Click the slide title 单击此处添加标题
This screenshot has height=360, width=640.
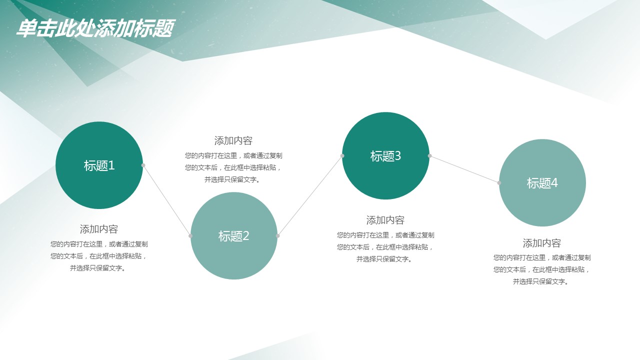click(x=95, y=28)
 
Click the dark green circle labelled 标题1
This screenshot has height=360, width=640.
click(x=99, y=165)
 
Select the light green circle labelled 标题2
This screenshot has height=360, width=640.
click(x=234, y=235)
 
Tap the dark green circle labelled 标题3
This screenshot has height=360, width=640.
click(x=385, y=155)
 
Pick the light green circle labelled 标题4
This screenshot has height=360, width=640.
click(x=542, y=183)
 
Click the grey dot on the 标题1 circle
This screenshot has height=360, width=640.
click(x=143, y=165)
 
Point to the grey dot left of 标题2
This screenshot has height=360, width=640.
click(x=190, y=235)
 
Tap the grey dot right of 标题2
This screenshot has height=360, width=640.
click(x=277, y=235)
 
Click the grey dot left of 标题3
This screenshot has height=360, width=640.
click(x=342, y=155)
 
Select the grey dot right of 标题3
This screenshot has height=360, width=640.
click(x=429, y=155)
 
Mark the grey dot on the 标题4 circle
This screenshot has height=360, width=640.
click(x=499, y=183)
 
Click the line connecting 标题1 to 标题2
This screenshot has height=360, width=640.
click(x=167, y=200)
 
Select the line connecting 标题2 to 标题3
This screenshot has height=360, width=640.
click(x=310, y=195)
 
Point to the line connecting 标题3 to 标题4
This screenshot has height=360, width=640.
click(x=464, y=169)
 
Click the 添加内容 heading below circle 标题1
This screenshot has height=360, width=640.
click(x=99, y=229)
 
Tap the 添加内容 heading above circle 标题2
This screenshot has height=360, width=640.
click(x=233, y=140)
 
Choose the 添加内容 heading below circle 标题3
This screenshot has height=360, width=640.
click(x=385, y=220)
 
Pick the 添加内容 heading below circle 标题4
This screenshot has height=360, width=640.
click(x=542, y=243)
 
